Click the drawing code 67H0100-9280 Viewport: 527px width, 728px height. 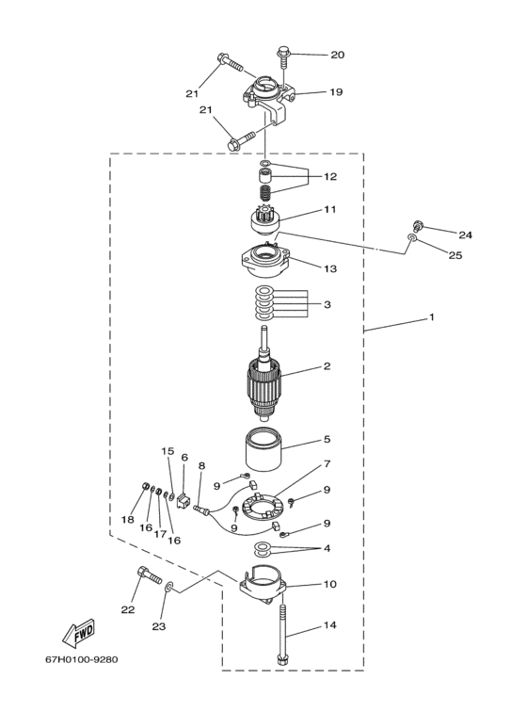pos(82,659)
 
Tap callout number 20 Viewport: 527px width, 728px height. pos(337,55)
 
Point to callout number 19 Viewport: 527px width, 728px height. pos(336,92)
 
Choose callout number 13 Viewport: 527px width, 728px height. pos(329,268)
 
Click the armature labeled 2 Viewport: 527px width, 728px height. pos(264,380)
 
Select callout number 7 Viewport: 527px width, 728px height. pos(327,463)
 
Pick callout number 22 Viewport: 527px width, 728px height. pos(128,609)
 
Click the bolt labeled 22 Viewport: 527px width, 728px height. pos(149,574)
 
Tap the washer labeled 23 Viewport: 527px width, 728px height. pos(168,587)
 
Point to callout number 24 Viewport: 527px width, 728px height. pos(465,235)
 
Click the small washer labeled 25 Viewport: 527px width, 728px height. pos(412,238)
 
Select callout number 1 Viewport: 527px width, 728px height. pos(432,317)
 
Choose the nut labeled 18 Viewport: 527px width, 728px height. pos(145,487)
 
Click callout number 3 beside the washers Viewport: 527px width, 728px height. pos(327,304)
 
